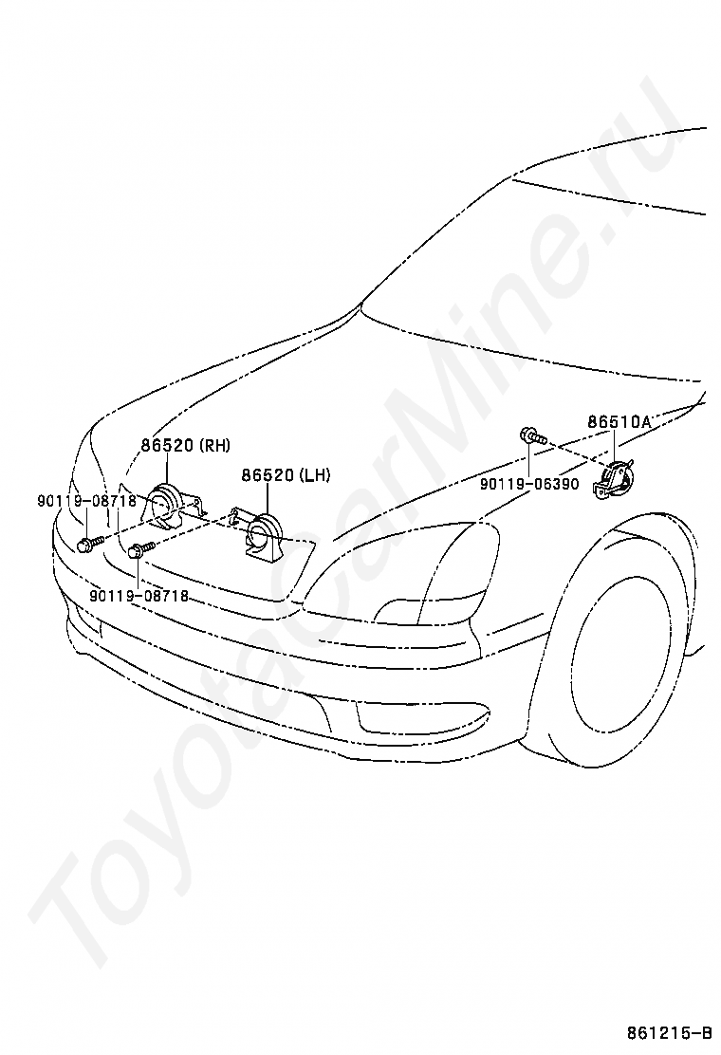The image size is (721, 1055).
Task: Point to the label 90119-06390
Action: [x=528, y=484]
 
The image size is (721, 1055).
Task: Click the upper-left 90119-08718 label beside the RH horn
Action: [x=87, y=501]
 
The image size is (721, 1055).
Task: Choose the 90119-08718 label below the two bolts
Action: [x=139, y=596]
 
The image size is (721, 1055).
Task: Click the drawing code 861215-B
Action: [x=668, y=1032]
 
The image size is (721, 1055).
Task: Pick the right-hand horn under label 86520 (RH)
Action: [x=167, y=503]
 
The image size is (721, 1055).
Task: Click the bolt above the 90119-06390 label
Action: [x=530, y=437]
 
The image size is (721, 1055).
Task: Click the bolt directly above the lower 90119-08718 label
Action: [x=140, y=548]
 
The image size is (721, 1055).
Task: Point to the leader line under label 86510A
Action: [x=615, y=446]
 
